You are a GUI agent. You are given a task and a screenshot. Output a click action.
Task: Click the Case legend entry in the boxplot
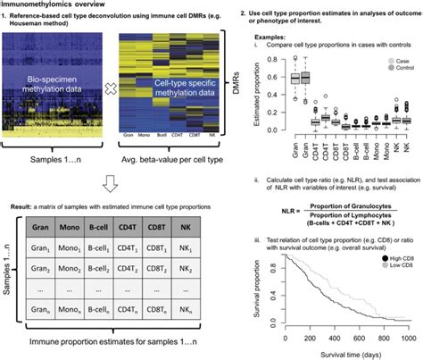pyautogui.click(x=399, y=58)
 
